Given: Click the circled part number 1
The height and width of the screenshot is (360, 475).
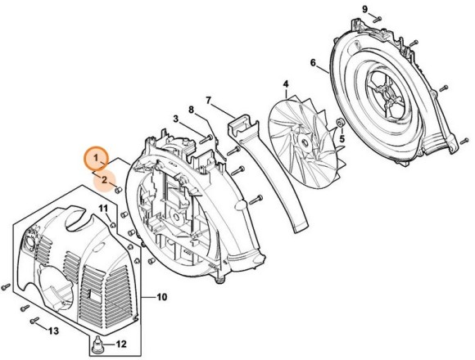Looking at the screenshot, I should click(96, 155).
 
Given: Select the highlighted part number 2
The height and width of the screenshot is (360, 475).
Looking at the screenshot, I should click(103, 177).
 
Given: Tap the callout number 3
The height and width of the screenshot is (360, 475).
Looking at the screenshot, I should click(175, 119).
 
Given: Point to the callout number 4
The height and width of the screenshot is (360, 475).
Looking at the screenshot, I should click(285, 84).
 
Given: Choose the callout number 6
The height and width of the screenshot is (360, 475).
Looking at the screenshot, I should click(313, 63).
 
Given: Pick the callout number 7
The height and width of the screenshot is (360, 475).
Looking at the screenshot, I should click(208, 101).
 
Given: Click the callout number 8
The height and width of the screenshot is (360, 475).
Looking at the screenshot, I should click(191, 110).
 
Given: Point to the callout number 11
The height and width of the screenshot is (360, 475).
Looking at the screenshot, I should click(104, 210).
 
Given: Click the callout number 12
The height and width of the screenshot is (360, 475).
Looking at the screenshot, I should click(123, 343).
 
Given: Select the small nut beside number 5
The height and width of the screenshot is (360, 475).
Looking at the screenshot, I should click(338, 124).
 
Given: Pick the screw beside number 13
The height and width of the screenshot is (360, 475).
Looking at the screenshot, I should click(34, 320).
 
